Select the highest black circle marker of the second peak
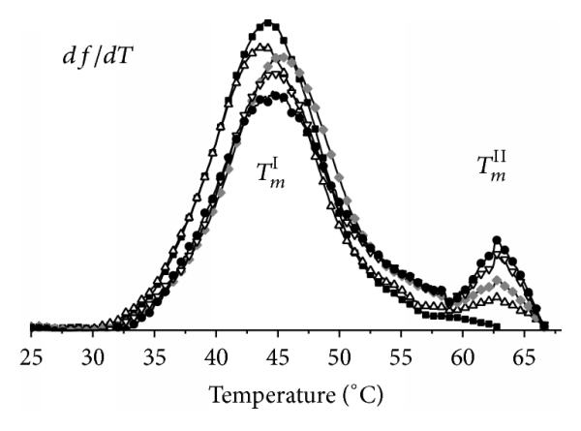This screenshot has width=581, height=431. [497, 239]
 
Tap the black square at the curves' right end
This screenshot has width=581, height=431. [544, 325]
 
